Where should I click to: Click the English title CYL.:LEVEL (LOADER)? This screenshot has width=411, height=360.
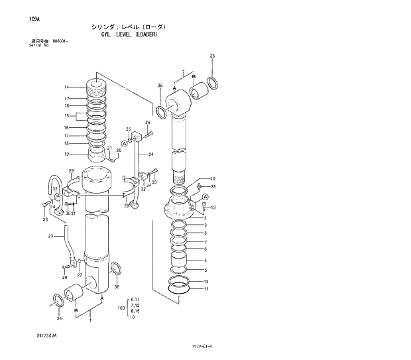pyautogui.click(x=124, y=34)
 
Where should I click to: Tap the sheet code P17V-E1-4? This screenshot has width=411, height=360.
pyautogui.click(x=204, y=346)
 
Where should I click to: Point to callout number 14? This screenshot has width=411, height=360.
pyautogui.click(x=66, y=88)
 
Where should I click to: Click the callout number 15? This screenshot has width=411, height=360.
pyautogui.click(x=66, y=115)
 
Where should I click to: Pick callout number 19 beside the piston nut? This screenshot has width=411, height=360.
pyautogui.click(x=66, y=154)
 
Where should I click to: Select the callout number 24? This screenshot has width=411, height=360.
pyautogui.click(x=150, y=155)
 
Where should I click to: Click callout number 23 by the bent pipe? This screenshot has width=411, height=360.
pyautogui.click(x=50, y=237)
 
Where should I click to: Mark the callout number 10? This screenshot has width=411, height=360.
pyautogui.click(x=212, y=179)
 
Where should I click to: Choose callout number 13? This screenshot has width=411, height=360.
pyautogui.click(x=213, y=208)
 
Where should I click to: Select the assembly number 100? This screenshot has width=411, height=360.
pyautogui.click(x=121, y=308)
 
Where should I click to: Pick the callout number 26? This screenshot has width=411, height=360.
pyautogui.click(x=148, y=123)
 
